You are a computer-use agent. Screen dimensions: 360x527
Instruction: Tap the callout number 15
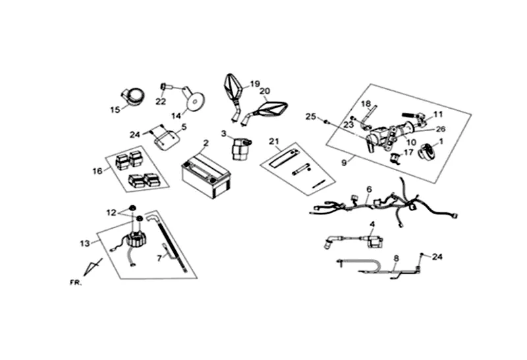115,109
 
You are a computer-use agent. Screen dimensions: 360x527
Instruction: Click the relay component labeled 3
241,148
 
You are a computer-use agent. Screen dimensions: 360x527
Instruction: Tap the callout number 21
275,141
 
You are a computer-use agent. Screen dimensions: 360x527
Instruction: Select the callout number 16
97,171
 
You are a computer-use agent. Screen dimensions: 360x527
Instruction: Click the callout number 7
159,258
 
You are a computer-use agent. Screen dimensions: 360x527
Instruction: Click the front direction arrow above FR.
93,268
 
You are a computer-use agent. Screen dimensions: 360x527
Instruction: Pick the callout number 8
396,258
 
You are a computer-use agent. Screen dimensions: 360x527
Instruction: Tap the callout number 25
310,117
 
